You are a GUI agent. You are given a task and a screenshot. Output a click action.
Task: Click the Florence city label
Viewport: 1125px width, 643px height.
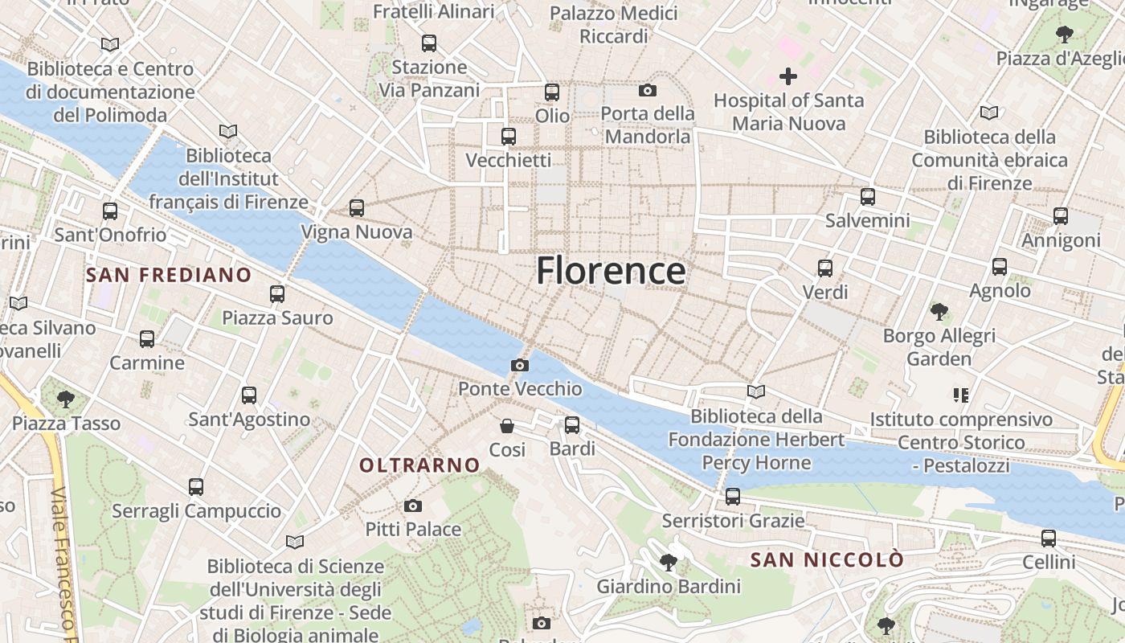point(611,271)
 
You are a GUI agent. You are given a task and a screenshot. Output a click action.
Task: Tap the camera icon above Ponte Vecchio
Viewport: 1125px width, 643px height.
point(520,366)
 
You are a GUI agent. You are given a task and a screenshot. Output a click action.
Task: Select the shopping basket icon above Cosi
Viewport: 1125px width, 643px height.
point(507,426)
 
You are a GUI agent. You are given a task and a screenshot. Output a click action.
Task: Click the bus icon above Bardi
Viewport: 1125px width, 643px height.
point(572,425)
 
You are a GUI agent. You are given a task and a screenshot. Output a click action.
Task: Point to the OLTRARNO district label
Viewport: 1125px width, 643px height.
point(419,465)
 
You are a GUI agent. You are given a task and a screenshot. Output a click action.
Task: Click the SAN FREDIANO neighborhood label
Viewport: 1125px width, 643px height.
point(169,275)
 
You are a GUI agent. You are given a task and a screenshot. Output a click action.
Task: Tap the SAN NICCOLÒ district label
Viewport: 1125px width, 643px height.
point(827,559)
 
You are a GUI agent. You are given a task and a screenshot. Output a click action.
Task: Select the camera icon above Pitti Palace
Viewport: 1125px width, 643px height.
point(413,506)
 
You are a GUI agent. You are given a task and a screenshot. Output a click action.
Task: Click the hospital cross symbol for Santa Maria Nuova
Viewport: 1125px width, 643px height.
point(788,77)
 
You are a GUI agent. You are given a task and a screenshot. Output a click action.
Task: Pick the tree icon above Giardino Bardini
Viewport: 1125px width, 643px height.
point(668,562)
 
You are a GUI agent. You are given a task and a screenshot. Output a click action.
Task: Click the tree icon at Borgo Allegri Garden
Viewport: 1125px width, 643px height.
point(939,311)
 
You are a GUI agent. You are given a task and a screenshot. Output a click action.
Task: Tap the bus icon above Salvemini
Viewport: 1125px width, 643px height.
point(868,196)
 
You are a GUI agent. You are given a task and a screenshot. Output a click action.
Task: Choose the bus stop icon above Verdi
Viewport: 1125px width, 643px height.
point(825,268)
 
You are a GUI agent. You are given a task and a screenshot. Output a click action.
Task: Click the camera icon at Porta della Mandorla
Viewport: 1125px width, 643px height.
point(648,90)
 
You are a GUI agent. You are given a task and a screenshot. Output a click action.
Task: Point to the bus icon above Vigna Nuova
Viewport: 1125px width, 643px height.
point(357,208)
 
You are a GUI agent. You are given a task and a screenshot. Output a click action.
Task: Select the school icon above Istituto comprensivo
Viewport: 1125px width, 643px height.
point(961,395)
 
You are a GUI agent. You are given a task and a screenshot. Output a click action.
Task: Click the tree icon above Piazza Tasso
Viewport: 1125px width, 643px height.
point(66,399)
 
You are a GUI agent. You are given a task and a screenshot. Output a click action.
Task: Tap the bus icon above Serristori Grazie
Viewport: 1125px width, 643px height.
point(733,497)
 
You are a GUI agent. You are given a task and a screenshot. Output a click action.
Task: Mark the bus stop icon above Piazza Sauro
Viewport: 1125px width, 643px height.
point(277,294)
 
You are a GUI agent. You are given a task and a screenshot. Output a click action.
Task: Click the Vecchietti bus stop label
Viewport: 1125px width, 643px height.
point(509,160)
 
